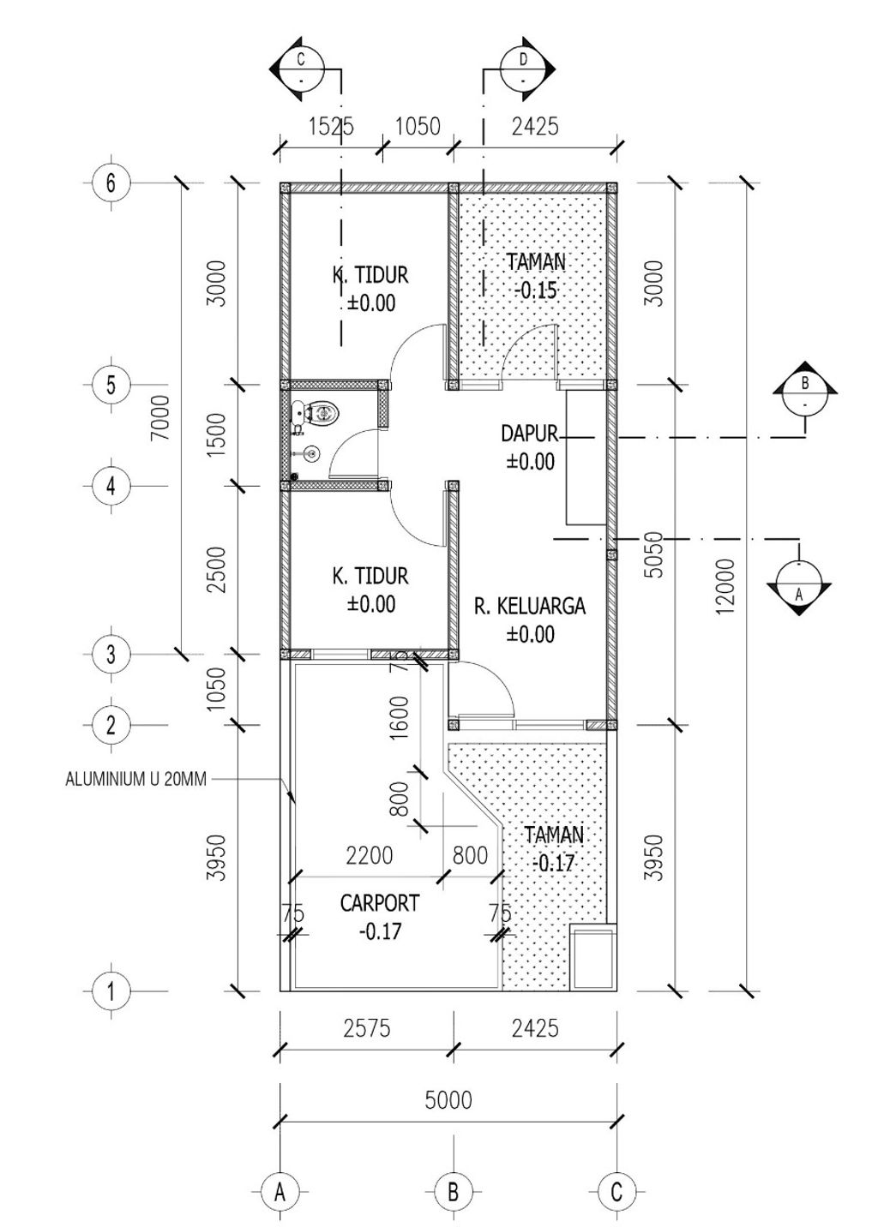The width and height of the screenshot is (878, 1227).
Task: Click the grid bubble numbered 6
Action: coord(111,183)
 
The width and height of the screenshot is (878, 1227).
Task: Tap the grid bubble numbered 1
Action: coord(111,992)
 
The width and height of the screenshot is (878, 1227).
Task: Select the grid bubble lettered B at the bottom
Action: coord(453,1192)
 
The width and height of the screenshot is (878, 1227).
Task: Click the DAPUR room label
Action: coord(529,434)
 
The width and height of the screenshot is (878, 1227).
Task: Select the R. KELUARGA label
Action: coord(530,607)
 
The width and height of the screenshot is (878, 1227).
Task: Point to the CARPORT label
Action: coord(380,903)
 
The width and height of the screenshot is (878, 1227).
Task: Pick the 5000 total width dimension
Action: coord(448,1099)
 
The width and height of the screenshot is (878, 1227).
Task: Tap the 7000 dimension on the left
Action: coord(160,417)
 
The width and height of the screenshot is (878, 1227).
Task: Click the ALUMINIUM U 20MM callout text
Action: coord(135,781)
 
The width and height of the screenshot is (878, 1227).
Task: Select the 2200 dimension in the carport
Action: coord(369,855)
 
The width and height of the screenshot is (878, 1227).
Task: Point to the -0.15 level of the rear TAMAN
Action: coord(536,290)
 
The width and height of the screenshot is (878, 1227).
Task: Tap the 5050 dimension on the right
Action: coord(653,554)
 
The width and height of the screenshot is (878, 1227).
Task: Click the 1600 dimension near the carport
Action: coord(400,718)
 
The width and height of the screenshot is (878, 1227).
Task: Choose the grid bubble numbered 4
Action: coord(111,486)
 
